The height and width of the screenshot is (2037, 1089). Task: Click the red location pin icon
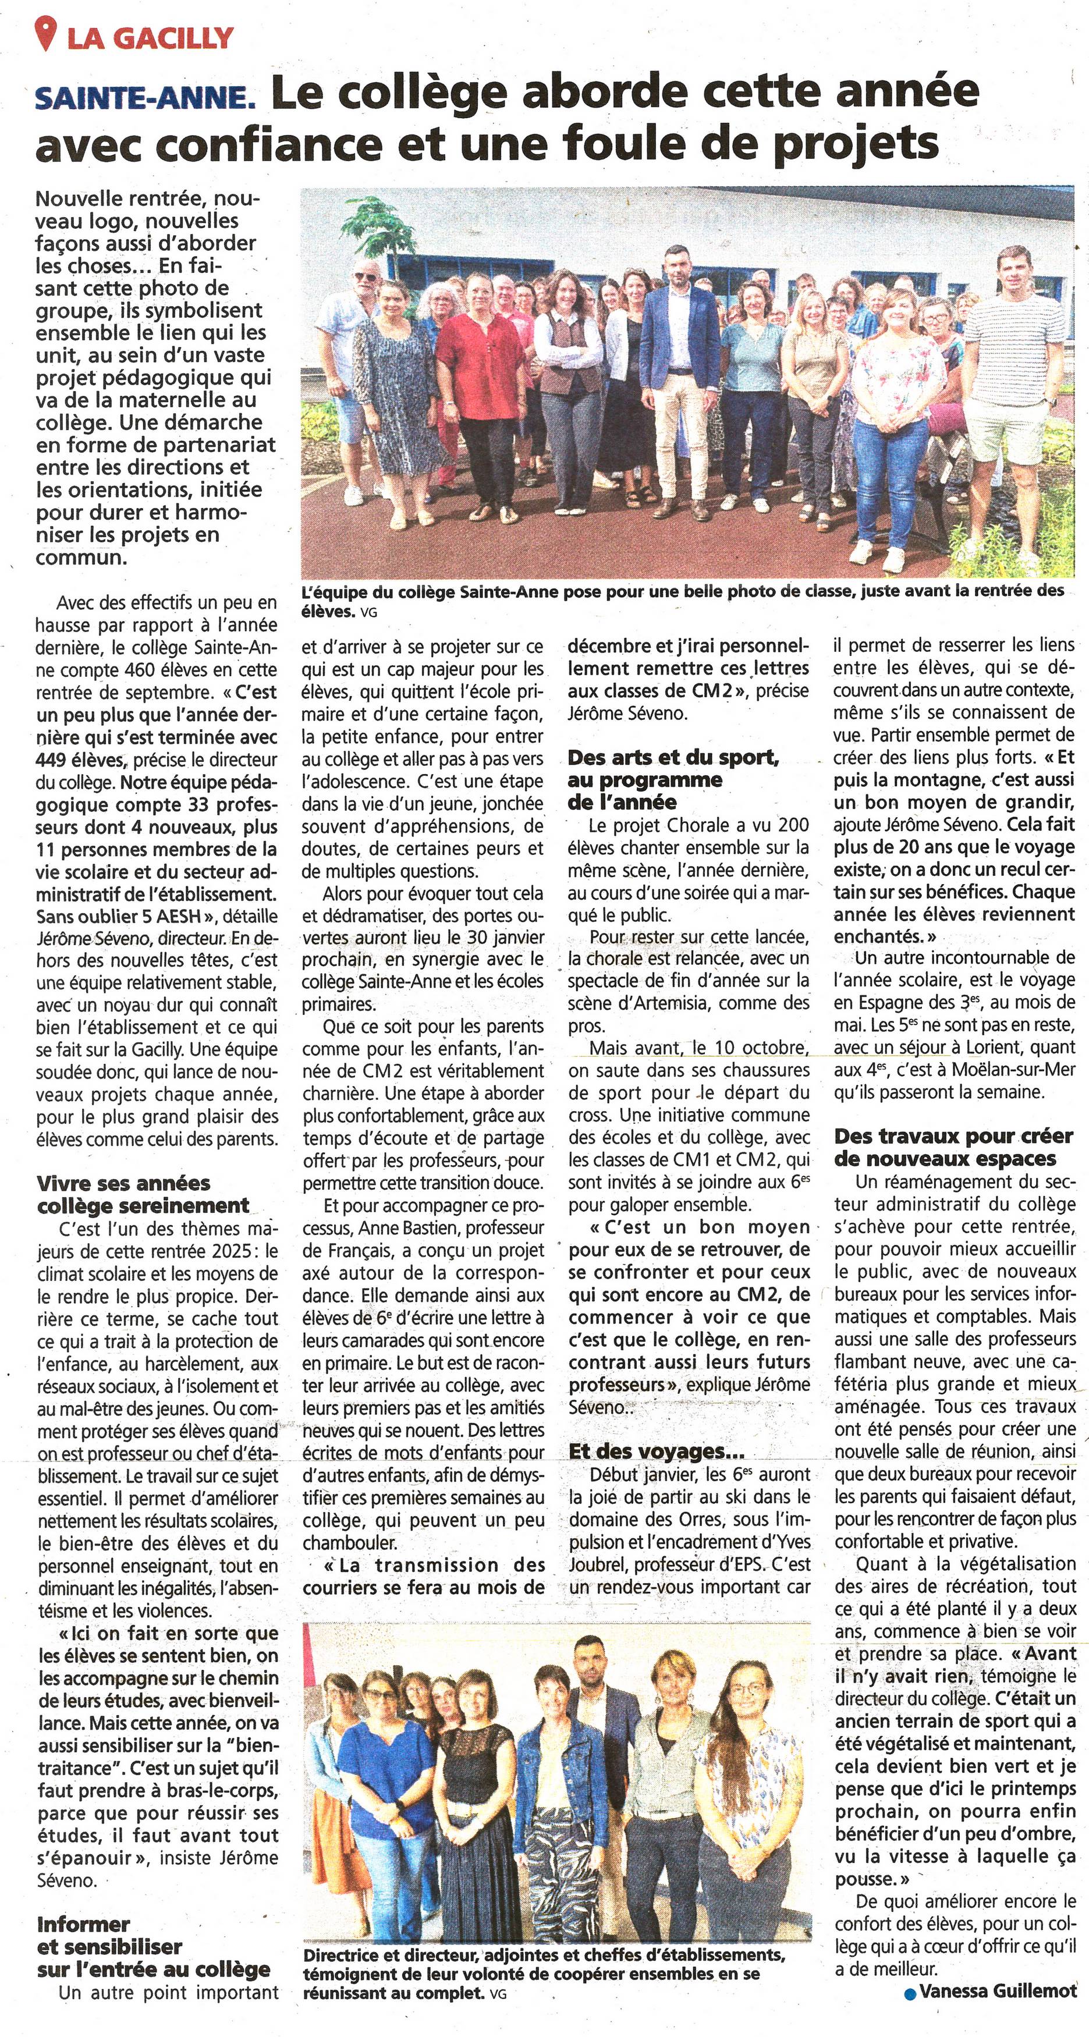48,35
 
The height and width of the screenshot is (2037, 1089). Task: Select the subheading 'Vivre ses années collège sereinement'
143,1194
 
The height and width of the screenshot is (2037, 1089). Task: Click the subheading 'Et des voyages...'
657,1451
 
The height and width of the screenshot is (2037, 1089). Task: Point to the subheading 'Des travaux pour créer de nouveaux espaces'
953,1147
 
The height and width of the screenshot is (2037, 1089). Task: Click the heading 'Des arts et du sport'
673,758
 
